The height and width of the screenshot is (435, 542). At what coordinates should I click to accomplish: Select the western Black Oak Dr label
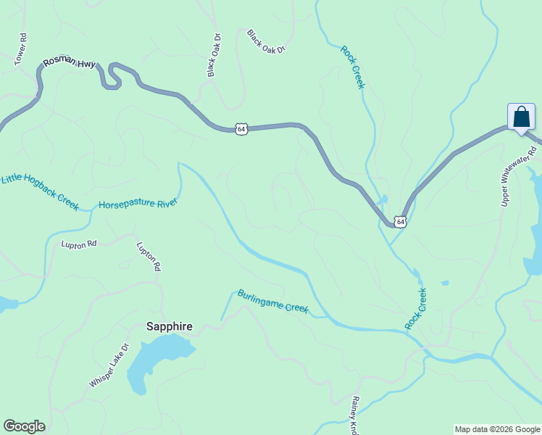(214, 55)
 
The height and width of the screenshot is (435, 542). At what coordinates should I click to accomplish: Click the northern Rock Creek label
(352, 67)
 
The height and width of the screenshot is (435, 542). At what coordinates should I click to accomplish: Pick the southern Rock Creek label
(416, 309)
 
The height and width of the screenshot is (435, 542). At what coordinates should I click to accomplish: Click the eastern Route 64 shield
(401, 220)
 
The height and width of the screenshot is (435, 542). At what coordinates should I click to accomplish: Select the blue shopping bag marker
(521, 117)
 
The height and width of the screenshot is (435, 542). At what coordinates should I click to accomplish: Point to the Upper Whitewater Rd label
(519, 176)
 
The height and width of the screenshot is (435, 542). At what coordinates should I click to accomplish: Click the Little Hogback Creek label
(40, 191)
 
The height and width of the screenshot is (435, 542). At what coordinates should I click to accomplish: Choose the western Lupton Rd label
(78, 244)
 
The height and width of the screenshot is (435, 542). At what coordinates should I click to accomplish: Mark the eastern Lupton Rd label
(149, 257)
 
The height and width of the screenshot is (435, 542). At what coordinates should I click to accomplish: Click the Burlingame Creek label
(273, 302)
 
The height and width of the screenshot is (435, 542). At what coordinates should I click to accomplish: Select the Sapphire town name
(170, 327)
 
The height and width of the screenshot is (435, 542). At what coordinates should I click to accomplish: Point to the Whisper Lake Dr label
(109, 365)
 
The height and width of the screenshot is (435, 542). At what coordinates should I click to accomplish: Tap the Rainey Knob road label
(354, 415)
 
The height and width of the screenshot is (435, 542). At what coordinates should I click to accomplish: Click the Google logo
(24, 426)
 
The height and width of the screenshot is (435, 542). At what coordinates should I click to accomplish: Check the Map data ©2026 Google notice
(497, 429)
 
